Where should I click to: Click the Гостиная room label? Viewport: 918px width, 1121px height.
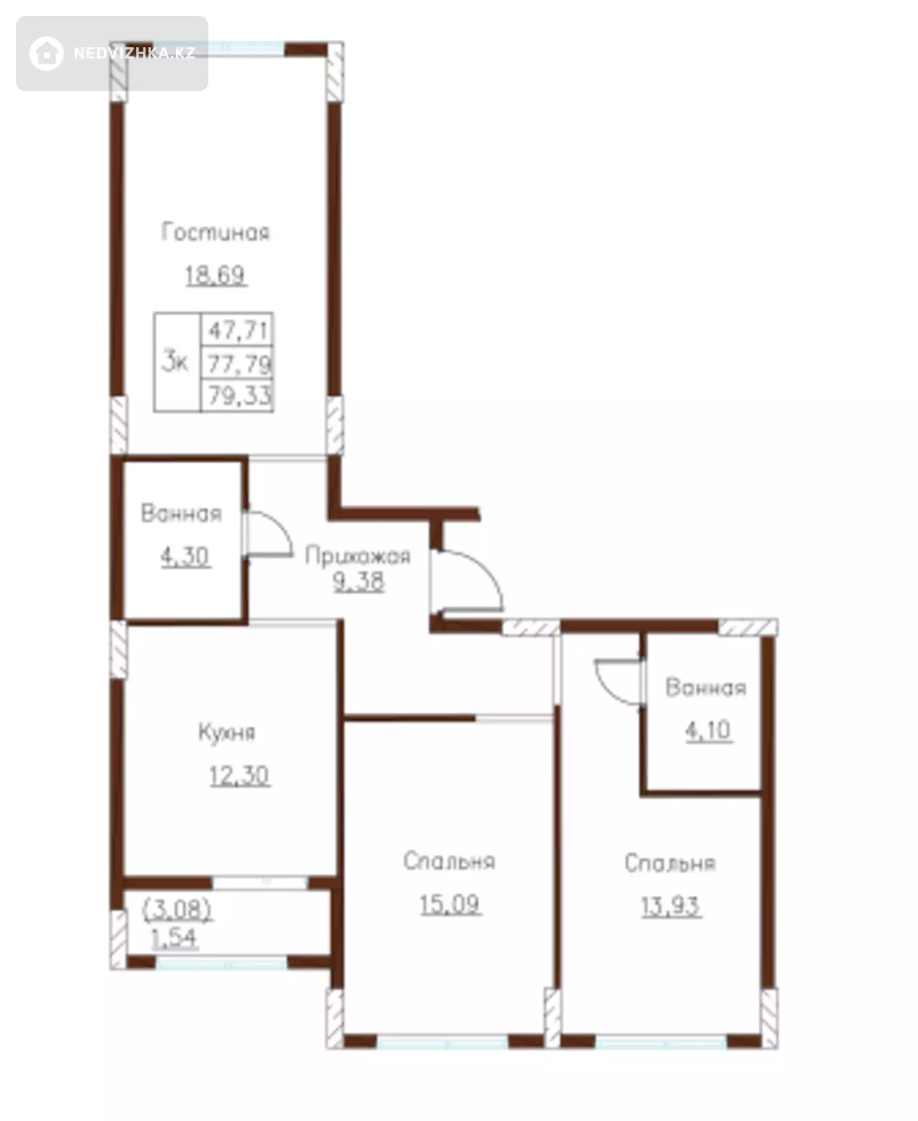215,232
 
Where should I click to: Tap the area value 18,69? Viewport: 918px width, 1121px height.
215,275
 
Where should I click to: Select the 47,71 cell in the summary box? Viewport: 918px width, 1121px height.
238,330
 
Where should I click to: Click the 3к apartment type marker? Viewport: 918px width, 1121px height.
175,361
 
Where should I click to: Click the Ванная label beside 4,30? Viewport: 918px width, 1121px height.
182,513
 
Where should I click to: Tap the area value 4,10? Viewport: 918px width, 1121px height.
708,729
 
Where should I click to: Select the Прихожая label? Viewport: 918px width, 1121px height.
358,556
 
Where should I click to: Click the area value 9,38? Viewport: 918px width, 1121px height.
359,581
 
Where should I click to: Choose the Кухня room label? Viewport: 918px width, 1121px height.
227,732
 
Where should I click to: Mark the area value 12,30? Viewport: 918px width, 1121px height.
240,776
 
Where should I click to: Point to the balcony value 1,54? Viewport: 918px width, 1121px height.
174,938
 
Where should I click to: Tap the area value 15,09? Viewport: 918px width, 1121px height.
449,904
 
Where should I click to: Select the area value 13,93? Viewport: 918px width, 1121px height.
671,906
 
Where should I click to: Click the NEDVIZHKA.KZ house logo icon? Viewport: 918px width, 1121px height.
47,53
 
